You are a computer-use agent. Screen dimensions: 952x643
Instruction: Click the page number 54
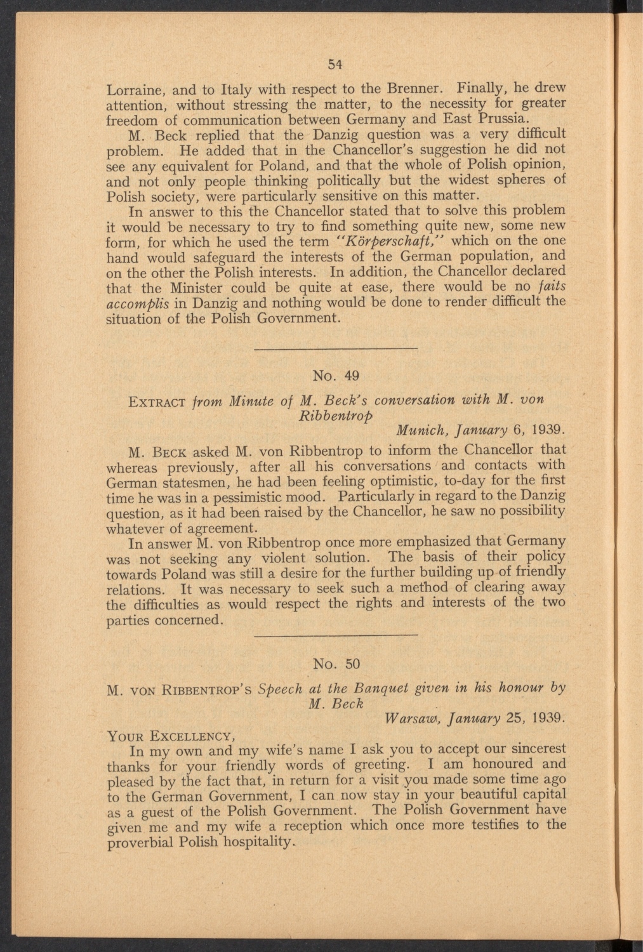[x=336, y=63]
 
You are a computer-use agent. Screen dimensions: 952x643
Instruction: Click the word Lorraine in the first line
[x=131, y=88]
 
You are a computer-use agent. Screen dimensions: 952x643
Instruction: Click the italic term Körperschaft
[x=360, y=242]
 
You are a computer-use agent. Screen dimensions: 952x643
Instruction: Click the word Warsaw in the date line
[x=411, y=720]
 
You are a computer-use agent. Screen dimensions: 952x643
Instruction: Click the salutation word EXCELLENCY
[x=190, y=737]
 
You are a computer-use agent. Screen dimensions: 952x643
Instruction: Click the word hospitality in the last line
[x=257, y=843]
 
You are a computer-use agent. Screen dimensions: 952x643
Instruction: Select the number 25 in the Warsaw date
[x=515, y=720]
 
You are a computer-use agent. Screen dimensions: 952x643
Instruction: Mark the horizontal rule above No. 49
[x=336, y=348]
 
